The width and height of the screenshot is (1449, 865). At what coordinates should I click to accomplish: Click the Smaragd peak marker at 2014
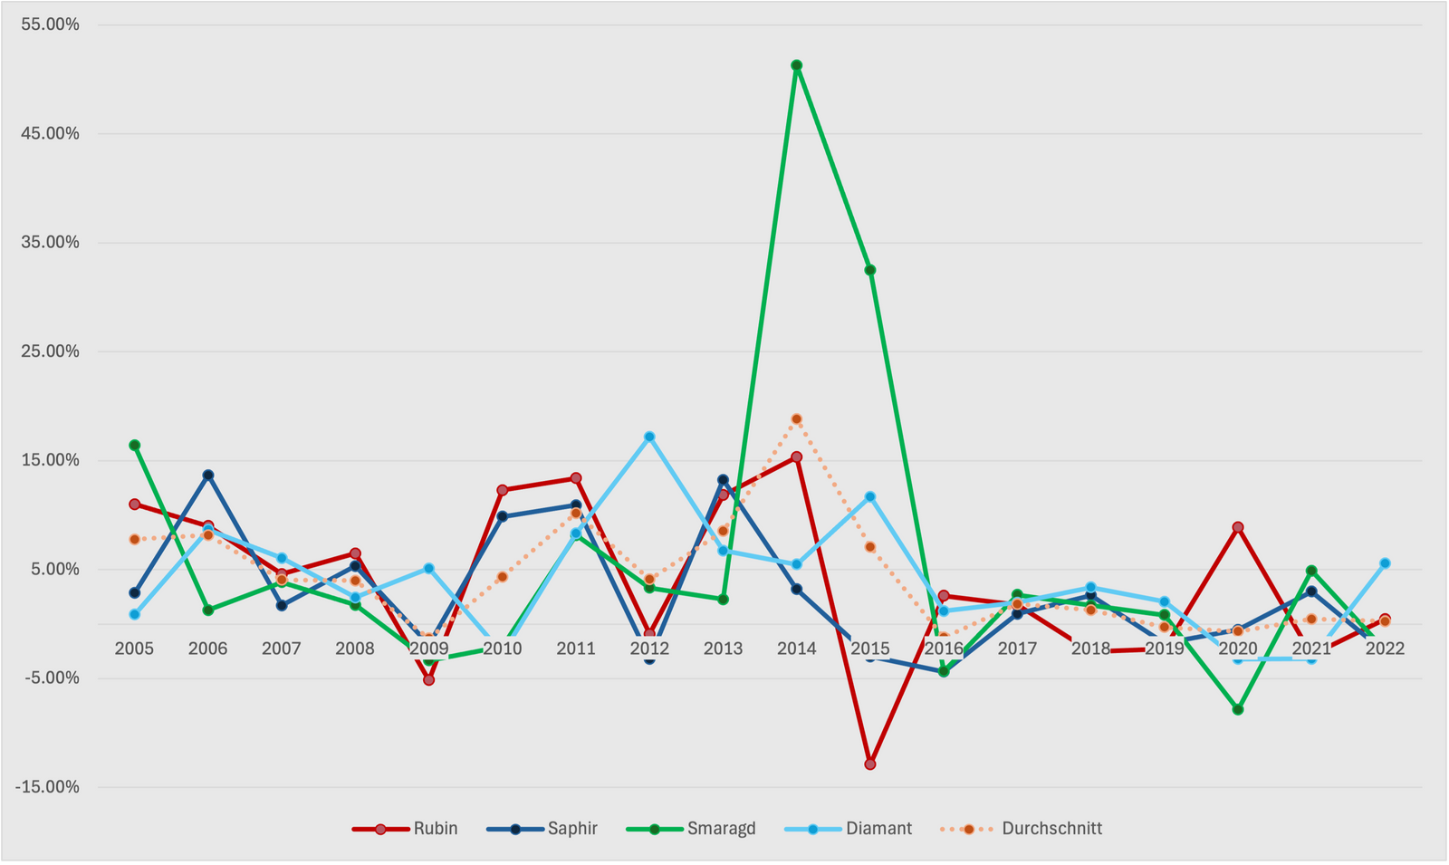[x=796, y=65]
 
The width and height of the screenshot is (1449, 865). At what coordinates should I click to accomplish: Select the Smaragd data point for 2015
[x=870, y=270]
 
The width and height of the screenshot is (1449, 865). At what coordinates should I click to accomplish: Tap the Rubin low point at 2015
[x=870, y=764]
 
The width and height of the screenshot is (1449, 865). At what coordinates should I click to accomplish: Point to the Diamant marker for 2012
[x=649, y=437]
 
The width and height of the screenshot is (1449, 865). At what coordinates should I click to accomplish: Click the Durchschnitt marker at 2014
[x=796, y=419]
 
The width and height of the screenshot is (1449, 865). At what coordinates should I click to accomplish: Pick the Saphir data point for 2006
[x=208, y=475]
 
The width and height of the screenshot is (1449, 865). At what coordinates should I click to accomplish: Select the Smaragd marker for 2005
[x=135, y=445]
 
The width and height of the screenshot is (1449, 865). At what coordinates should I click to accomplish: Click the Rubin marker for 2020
[x=1238, y=527]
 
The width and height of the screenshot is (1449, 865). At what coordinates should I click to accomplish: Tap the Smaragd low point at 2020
[x=1238, y=710]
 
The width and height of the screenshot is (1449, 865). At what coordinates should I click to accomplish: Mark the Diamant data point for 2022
[x=1385, y=563]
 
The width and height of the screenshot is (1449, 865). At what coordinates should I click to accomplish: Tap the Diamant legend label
[x=878, y=829]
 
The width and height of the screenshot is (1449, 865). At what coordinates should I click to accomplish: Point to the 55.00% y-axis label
[x=50, y=24]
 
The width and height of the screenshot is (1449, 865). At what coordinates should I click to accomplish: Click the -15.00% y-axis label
[x=47, y=787]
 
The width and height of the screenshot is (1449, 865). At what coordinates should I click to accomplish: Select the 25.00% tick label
[x=50, y=351]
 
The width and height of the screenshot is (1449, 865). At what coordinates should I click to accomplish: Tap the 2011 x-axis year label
[x=576, y=649]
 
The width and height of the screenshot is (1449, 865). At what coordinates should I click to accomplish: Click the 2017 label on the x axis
[x=1017, y=649]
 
